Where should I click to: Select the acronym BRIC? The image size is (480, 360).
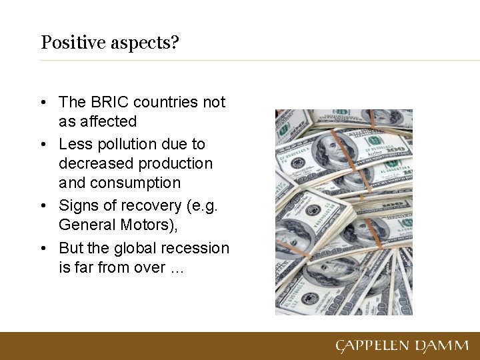point(109,102)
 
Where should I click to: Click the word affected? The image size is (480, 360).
point(108,121)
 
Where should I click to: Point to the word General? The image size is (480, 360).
point(87,225)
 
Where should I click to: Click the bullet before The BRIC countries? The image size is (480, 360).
point(43,103)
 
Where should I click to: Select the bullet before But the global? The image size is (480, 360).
point(43,249)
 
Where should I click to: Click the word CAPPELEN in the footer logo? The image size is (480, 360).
point(373,346)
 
